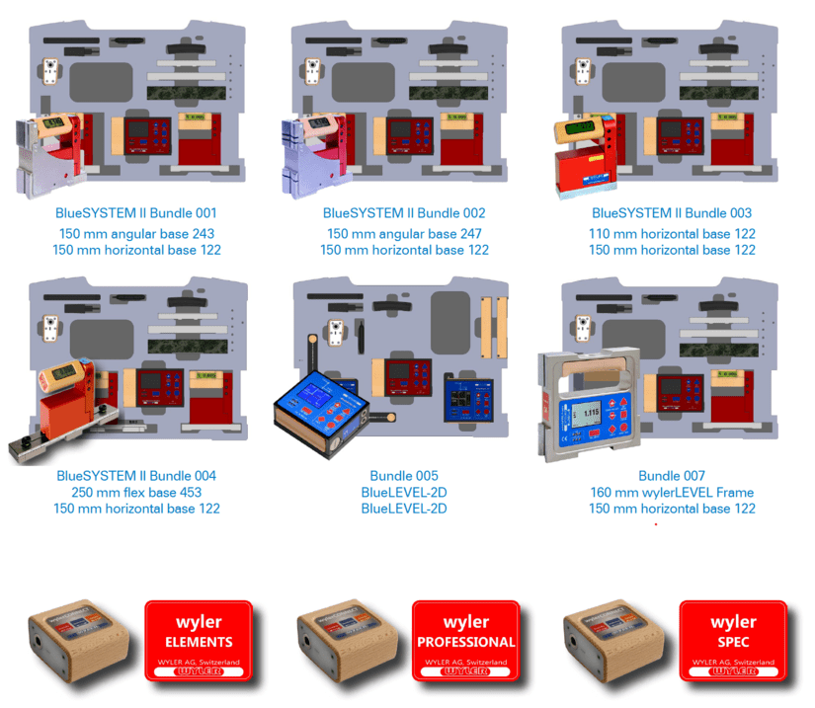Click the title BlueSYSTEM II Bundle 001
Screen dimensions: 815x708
tap(136, 213)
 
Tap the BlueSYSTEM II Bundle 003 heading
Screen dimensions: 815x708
tap(672, 213)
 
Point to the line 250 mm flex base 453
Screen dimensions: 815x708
tap(136, 493)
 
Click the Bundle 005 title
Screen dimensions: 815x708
tap(403, 476)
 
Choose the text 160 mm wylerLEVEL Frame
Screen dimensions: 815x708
tap(672, 493)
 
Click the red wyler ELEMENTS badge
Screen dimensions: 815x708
tap(199, 640)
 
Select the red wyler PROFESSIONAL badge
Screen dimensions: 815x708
tap(465, 640)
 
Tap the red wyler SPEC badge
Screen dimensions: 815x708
tap(732, 640)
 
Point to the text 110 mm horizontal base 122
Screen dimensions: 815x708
tap(672, 234)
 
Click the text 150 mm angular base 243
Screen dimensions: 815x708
tap(136, 234)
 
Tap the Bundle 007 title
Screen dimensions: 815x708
tap(672, 476)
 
